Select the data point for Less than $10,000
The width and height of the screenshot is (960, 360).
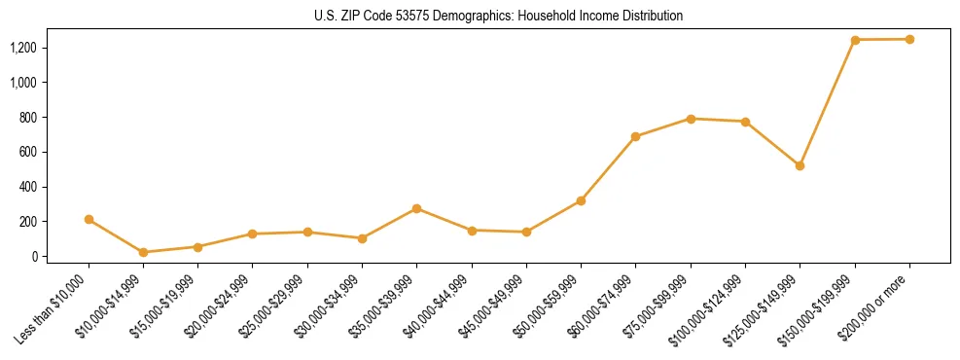click(x=89, y=220)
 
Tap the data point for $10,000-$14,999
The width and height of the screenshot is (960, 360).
click(x=144, y=252)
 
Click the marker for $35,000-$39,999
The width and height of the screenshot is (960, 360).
click(x=417, y=208)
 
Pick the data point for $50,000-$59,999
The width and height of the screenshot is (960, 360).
click(x=581, y=200)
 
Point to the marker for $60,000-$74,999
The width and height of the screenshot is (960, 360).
click(x=636, y=136)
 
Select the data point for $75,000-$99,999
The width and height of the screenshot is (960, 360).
click(x=691, y=119)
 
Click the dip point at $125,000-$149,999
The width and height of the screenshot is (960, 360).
click(x=800, y=165)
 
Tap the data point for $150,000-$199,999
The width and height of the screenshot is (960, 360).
click(x=855, y=40)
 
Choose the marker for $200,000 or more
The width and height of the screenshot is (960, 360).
click(x=909, y=39)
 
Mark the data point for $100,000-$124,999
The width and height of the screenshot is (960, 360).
click(x=745, y=122)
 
